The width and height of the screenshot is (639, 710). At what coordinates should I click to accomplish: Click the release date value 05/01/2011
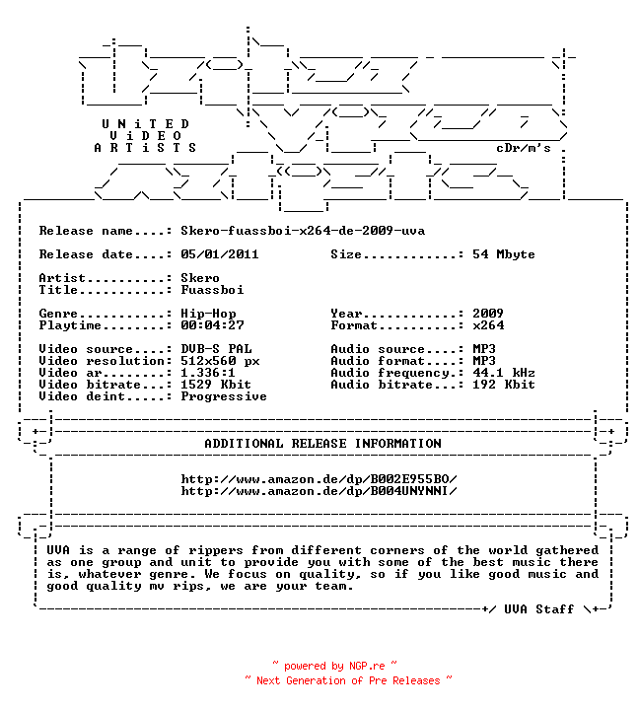(x=220, y=254)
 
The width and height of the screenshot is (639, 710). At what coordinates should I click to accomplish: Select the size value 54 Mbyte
(x=503, y=254)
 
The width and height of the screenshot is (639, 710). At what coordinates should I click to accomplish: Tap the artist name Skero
(x=200, y=277)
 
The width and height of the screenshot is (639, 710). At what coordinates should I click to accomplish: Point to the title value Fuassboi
(x=212, y=289)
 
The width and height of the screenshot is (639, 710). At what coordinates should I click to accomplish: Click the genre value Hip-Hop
(x=208, y=314)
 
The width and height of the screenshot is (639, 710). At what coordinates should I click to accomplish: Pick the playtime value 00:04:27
(x=212, y=325)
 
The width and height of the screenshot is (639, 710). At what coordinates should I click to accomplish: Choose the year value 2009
(x=488, y=313)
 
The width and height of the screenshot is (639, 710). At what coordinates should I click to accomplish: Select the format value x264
(x=488, y=325)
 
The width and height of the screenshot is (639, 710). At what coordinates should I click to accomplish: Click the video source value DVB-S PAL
(x=216, y=349)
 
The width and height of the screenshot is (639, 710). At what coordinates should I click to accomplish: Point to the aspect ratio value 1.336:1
(x=208, y=372)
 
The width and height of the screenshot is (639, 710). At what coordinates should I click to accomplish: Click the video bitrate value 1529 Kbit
(x=216, y=384)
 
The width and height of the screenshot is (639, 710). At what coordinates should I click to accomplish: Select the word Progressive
(x=224, y=396)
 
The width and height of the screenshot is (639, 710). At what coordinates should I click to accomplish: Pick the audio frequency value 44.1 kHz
(x=504, y=372)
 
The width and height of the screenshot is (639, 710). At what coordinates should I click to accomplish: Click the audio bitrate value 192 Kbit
(x=504, y=384)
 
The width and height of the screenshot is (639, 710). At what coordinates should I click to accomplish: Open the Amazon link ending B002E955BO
(x=319, y=479)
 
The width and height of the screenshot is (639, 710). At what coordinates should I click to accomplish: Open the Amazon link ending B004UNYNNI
(x=319, y=491)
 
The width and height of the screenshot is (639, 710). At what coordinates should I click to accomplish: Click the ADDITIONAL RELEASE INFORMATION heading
(x=322, y=444)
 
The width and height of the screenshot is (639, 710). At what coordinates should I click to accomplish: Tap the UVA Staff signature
(x=539, y=609)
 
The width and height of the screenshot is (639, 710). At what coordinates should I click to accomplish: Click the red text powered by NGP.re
(x=334, y=666)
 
